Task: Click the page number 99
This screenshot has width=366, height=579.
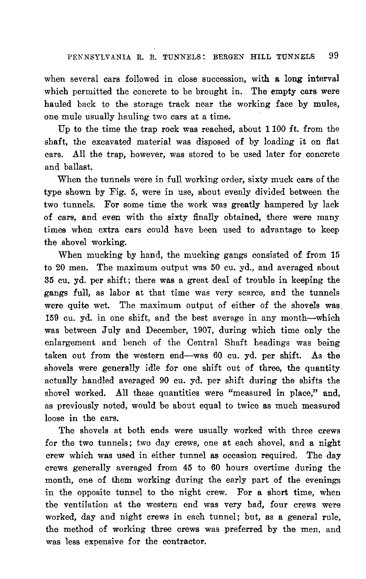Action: pyautogui.click(x=334, y=56)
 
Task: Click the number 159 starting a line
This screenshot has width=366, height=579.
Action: pyautogui.click(x=52, y=318)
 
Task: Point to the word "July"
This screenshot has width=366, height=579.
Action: pyautogui.click(x=107, y=331)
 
